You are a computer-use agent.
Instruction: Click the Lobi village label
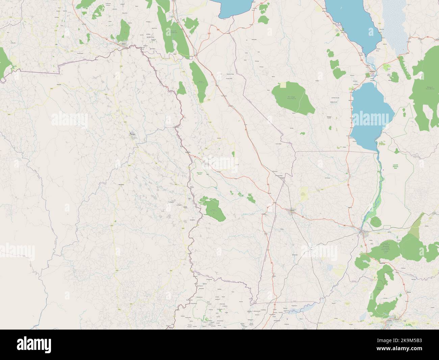(56, 44)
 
